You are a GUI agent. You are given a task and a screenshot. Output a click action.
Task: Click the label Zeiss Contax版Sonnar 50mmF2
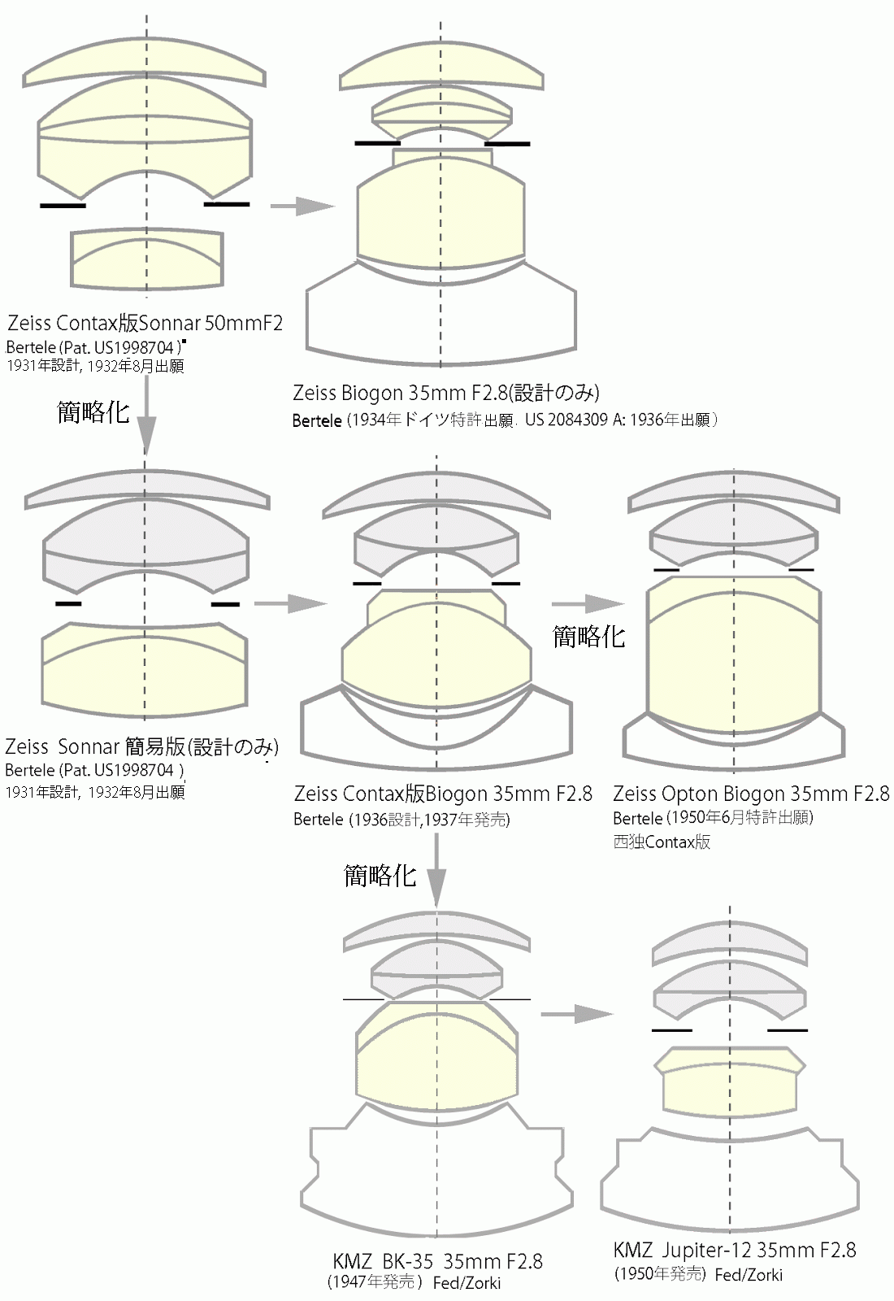pyautogui.click(x=145, y=323)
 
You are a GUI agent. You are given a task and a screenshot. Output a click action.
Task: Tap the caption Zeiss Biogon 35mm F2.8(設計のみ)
pyautogui.click(x=445, y=394)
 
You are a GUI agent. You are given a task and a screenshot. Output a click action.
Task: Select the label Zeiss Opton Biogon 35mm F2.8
pyautogui.click(x=750, y=793)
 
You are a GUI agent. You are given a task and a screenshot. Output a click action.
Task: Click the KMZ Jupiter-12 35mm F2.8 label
pyautogui.click(x=734, y=1250)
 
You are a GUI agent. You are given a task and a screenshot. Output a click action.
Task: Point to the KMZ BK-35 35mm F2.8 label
pyautogui.click(x=437, y=1261)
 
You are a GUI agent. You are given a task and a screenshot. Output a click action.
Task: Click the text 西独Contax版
pyautogui.click(x=662, y=842)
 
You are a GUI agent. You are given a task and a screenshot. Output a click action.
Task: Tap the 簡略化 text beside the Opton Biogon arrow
pyautogui.click(x=588, y=636)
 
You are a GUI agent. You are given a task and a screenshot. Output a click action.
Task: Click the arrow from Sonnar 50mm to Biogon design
pyautogui.click(x=302, y=206)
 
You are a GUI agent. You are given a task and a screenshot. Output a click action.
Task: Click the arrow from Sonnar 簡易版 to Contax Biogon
pyautogui.click(x=289, y=603)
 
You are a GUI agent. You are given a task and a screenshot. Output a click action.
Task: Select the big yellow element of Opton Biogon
pyautogui.click(x=733, y=650)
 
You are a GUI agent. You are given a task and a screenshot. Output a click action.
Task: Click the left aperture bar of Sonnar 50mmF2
pyautogui.click(x=63, y=206)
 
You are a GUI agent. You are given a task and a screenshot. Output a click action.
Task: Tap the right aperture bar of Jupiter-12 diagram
pyautogui.click(x=787, y=1030)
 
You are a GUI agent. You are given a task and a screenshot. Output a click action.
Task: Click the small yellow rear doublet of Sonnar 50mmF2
pyautogui.click(x=146, y=260)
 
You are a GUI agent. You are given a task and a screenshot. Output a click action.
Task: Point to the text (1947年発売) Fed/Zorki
pyautogui.click(x=414, y=1283)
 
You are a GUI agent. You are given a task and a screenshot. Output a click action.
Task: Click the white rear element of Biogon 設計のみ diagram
pyautogui.click(x=440, y=317)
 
